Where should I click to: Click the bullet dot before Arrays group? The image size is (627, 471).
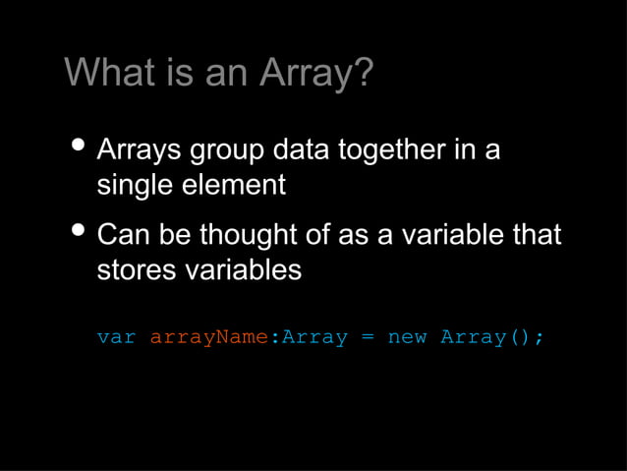click(78, 147)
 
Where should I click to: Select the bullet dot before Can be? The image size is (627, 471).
click(78, 233)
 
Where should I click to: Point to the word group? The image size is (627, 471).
click(226, 152)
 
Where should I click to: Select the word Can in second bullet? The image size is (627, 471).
click(124, 236)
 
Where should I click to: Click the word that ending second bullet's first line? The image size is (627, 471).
click(537, 236)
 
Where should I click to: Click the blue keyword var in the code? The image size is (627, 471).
click(116, 337)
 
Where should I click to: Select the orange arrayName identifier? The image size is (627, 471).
click(207, 338)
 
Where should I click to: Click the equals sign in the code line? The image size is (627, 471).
click(368, 338)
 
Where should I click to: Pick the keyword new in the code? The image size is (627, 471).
click(407, 338)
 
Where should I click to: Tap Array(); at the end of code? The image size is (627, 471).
click(491, 338)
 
